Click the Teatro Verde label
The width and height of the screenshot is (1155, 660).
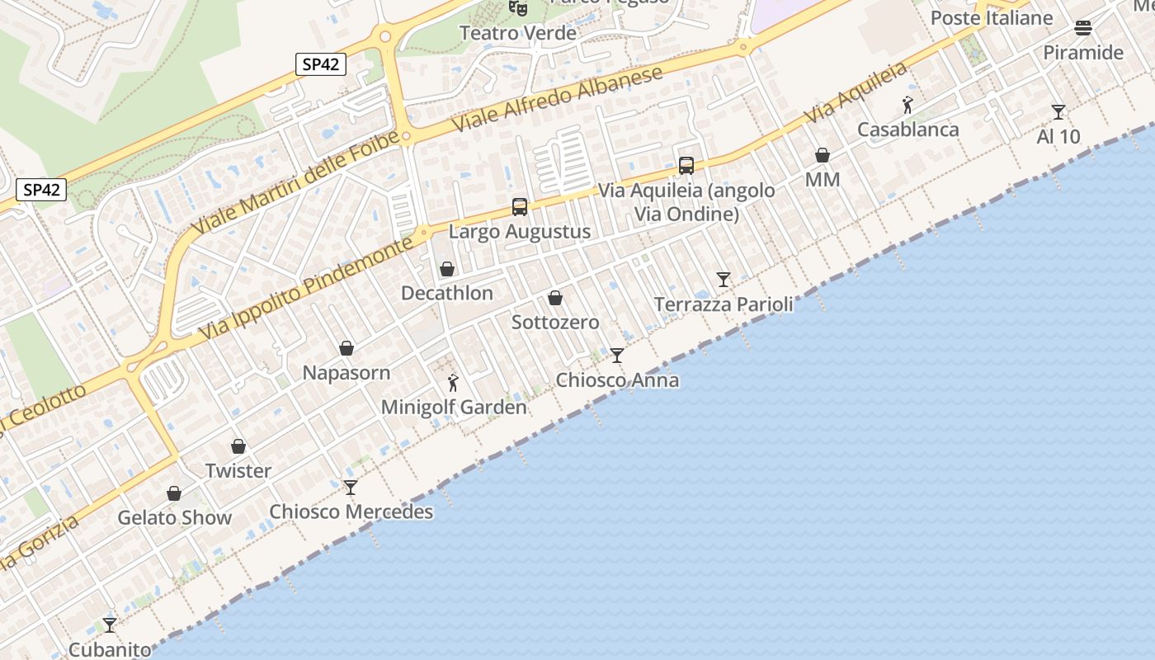[517, 33]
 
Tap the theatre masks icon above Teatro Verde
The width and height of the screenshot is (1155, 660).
[517, 7]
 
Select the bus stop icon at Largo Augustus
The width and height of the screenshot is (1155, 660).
[520, 207]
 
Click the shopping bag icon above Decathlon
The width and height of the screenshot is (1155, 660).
[447, 269]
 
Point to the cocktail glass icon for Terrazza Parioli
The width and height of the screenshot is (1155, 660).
[724, 280]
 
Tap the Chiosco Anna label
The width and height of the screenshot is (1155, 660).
[617, 380]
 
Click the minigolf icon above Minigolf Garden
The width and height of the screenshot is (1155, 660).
[452, 383]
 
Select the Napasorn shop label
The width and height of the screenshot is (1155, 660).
[346, 373]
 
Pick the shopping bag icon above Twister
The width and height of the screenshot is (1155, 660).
[238, 446]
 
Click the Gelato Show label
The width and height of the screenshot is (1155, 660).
[174, 518]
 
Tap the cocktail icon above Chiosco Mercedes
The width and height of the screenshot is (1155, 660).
[351, 488]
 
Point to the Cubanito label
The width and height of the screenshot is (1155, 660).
[110, 649]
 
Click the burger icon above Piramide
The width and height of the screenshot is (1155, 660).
[1083, 29]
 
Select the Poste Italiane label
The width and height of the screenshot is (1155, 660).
[992, 18]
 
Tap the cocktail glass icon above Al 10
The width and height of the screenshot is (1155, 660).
[1058, 112]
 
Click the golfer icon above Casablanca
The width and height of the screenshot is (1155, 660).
[907, 105]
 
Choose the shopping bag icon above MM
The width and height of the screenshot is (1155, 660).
[823, 155]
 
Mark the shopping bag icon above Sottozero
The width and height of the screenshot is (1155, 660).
[555, 298]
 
